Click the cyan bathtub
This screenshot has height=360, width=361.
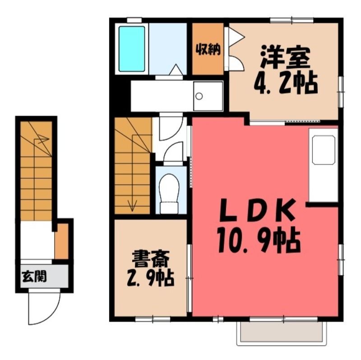[x=132, y=49]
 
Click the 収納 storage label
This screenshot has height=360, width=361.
[x=208, y=50]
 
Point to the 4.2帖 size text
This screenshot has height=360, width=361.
[x=286, y=84]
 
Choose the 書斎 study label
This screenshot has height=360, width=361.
[x=151, y=259]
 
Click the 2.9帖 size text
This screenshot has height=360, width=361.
[x=150, y=278]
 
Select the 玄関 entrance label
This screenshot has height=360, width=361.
[x=34, y=276]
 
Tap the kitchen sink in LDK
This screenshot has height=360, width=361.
[x=323, y=150]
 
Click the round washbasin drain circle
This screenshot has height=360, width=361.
[x=199, y=96]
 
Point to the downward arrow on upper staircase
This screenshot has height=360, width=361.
[x=132, y=173]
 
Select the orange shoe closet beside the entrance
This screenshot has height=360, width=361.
[x=61, y=241]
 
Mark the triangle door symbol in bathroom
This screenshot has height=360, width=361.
[x=176, y=69]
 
